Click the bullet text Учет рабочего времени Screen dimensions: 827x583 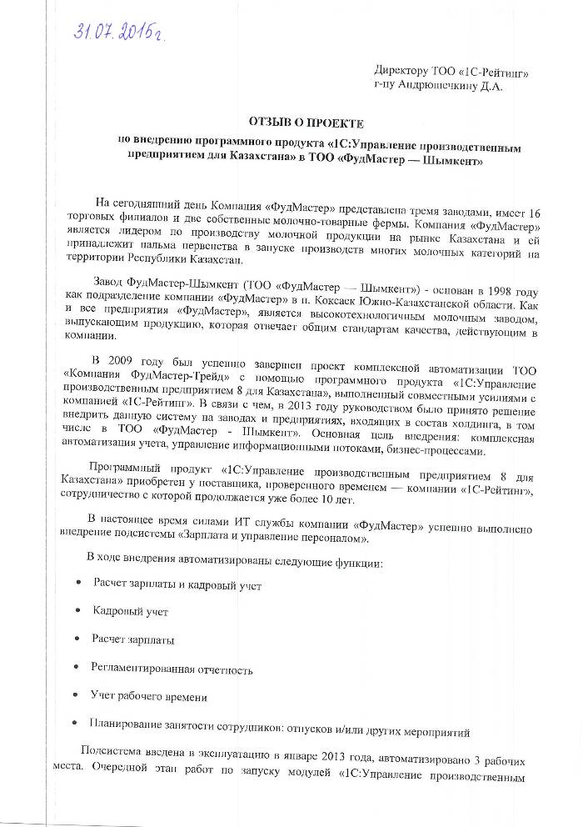(x=150, y=696)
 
